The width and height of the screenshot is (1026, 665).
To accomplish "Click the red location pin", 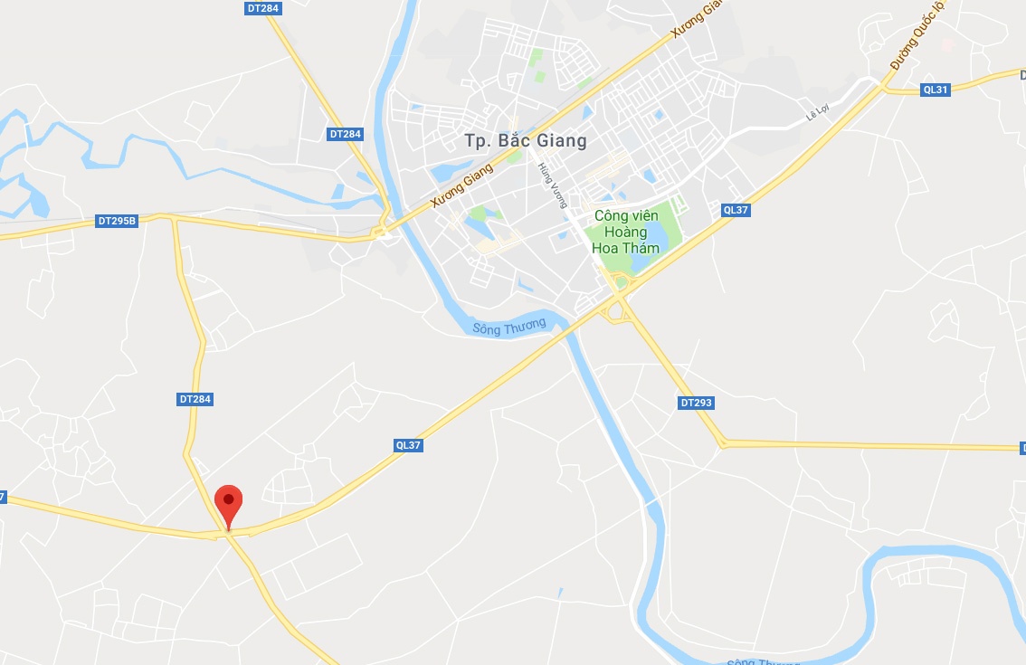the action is click(228, 501).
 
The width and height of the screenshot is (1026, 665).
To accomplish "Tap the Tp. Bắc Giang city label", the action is click(526, 140).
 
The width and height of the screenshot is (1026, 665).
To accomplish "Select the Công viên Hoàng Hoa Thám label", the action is click(624, 232).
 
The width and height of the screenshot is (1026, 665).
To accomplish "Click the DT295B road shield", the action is click(117, 221).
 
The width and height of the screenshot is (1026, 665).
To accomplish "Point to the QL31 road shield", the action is click(936, 90).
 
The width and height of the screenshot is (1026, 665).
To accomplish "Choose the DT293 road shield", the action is click(696, 402).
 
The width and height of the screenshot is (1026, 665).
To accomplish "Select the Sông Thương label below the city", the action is click(509, 326).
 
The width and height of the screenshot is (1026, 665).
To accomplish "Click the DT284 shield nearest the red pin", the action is click(195, 399).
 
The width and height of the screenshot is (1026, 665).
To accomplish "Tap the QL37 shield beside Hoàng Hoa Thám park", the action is click(736, 210).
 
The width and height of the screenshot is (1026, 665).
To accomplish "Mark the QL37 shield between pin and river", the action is click(409, 445).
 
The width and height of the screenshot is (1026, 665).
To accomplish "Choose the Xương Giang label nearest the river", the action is click(462, 185).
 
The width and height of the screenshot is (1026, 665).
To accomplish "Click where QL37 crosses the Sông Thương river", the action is click(570, 331).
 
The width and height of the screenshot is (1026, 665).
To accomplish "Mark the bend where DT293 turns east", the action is click(723, 443).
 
